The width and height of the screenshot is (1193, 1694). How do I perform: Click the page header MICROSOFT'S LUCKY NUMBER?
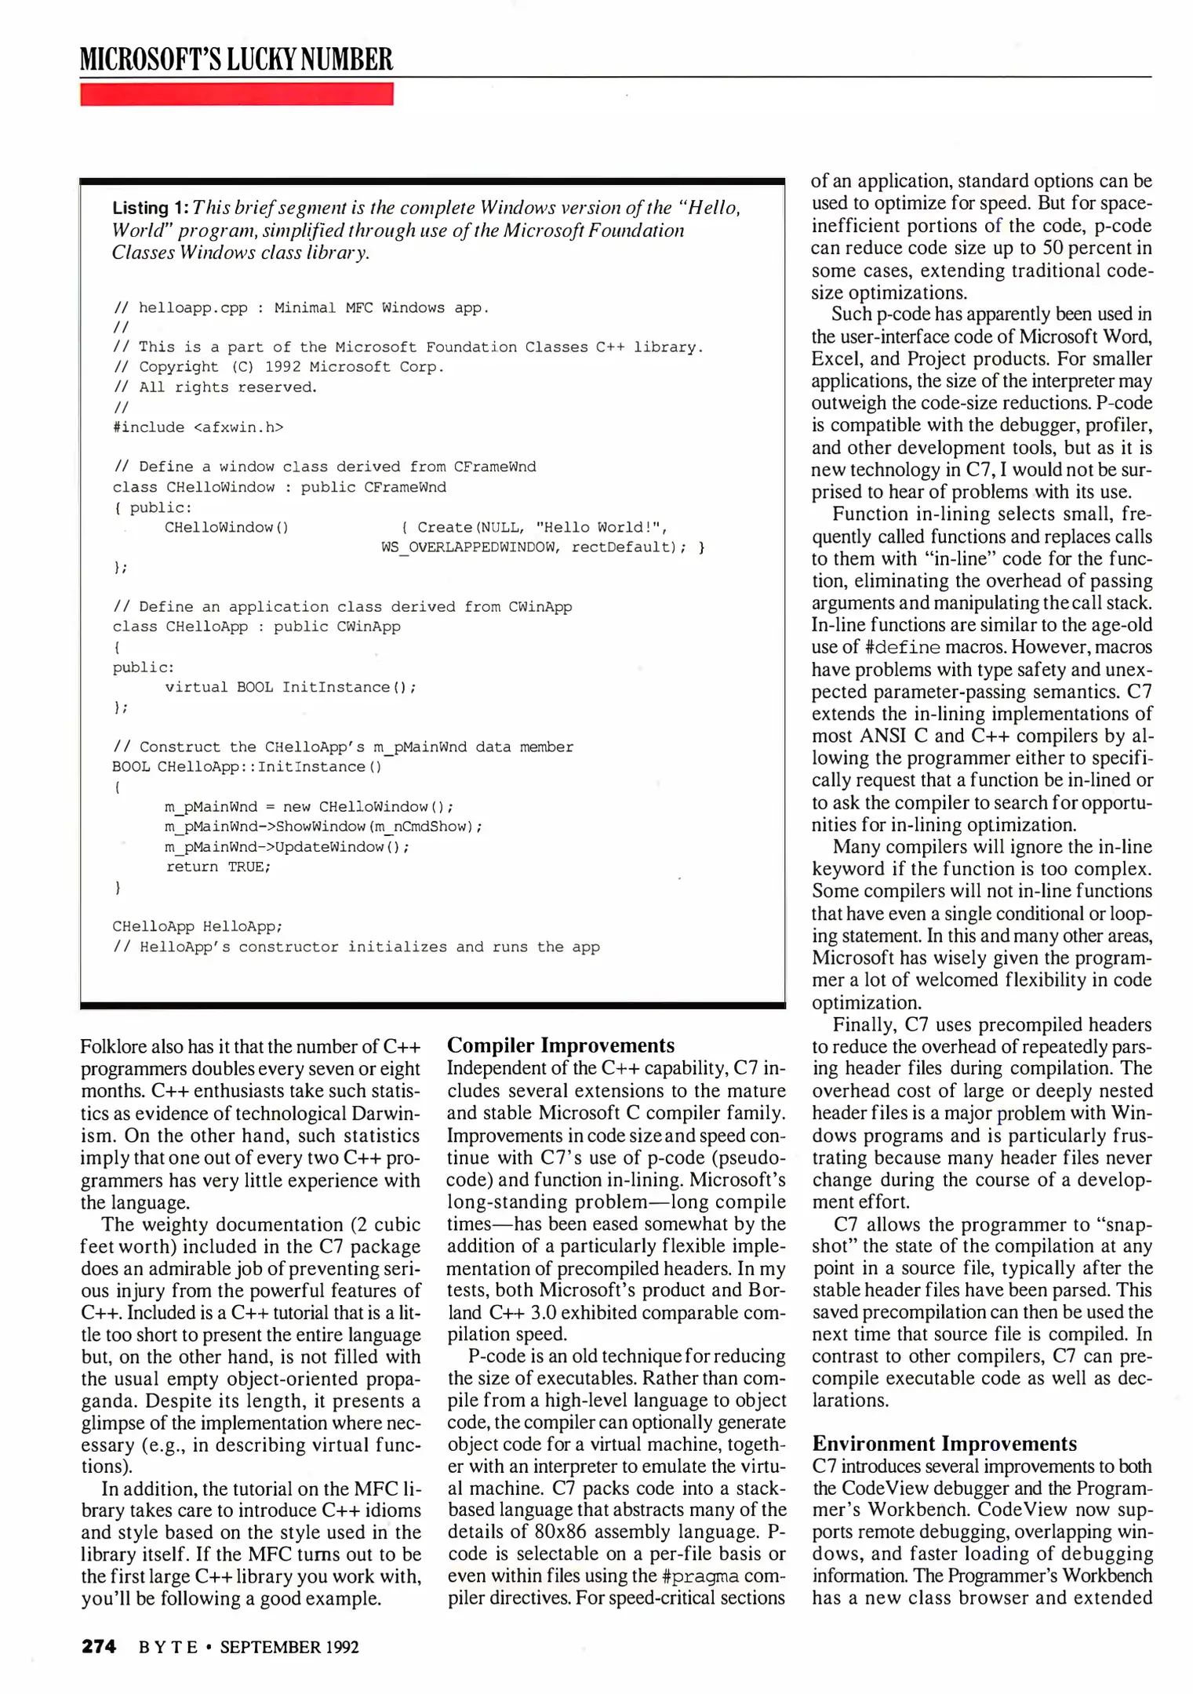tap(236, 60)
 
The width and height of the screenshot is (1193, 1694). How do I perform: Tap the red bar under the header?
tap(236, 94)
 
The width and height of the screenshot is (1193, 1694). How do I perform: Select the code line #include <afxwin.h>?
tap(198, 427)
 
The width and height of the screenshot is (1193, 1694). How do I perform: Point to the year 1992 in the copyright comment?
tap(282, 367)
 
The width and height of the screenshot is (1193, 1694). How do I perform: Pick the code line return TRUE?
tap(217, 867)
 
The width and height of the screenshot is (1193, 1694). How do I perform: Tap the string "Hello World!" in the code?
tap(601, 527)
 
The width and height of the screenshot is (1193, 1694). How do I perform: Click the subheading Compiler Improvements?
tap(560, 1045)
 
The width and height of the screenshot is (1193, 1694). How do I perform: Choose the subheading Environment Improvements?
tap(944, 1444)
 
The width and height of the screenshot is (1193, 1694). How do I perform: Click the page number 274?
tap(99, 1646)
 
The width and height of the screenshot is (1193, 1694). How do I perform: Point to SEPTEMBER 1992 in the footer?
tap(289, 1647)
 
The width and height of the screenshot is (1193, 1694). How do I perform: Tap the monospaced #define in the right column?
tap(902, 648)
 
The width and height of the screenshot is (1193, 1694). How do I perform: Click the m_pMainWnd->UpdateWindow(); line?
tap(286, 847)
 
